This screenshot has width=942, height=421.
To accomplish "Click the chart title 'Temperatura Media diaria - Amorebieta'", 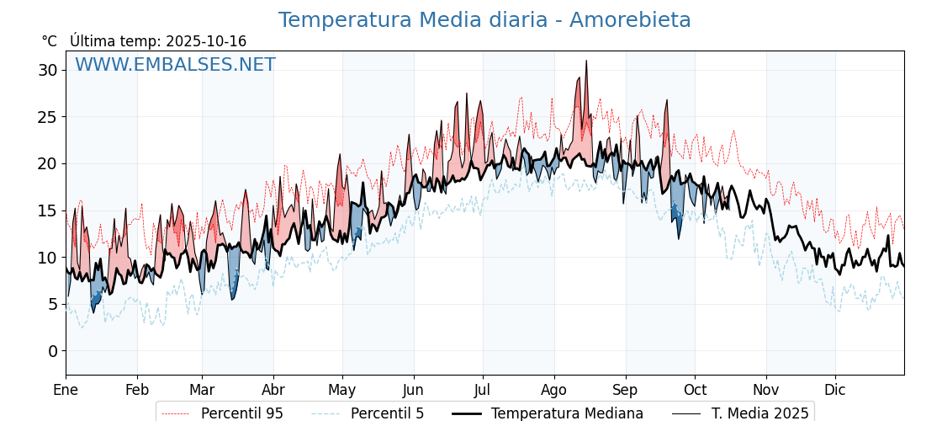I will tap(484, 20).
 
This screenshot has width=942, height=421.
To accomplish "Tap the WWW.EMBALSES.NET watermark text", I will tap(175, 65).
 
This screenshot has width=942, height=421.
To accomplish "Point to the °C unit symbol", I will tap(50, 41).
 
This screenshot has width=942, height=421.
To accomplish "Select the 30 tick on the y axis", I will tap(47, 70).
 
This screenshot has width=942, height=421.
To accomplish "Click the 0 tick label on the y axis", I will tap(52, 351).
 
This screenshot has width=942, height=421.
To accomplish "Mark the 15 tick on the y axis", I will tap(47, 210).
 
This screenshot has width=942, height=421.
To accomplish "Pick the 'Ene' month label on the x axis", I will tap(66, 390).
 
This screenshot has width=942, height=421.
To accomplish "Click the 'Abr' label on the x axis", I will tap(273, 390).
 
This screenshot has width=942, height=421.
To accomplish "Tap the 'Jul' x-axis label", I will tap(483, 390).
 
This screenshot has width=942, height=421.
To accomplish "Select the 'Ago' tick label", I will tap(554, 390).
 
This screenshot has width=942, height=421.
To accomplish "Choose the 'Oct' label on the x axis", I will tap(695, 390).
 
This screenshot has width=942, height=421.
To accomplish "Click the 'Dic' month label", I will tap(835, 390).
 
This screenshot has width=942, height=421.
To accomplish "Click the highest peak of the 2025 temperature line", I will tap(586, 61).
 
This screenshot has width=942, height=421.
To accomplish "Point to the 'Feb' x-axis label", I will tap(137, 390).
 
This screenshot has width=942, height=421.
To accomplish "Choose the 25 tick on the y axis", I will tap(47, 117).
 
